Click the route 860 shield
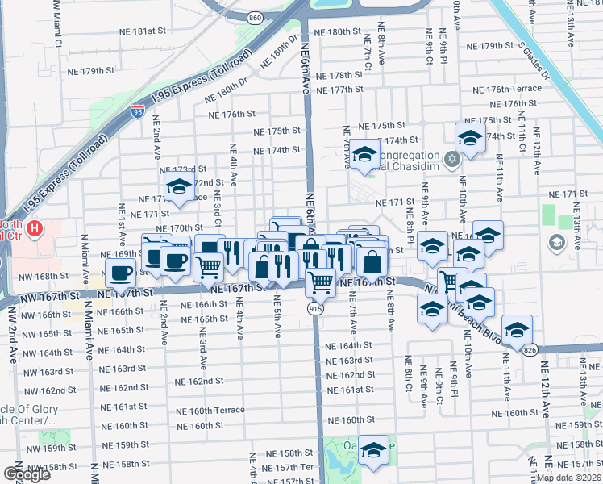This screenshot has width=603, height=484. tap(256, 18)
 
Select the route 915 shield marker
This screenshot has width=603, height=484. tap(316, 309)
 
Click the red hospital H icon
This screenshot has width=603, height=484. tap(34, 230)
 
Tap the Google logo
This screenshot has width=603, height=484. tap(27, 474)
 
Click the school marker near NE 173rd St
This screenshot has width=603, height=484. tap(177, 187)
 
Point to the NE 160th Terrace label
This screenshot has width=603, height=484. tap(210, 410)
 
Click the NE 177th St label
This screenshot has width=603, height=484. tap(342, 89)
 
